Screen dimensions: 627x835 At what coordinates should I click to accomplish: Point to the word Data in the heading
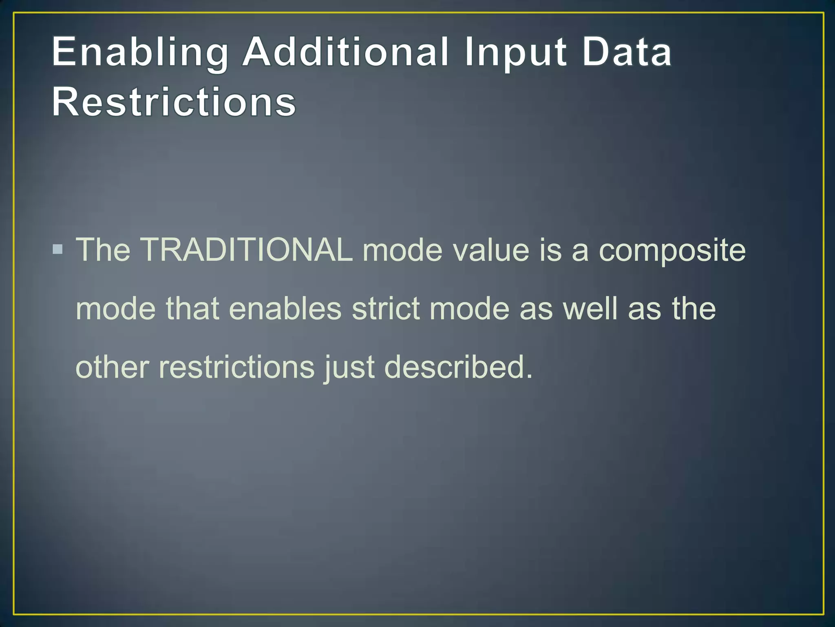tap(627, 52)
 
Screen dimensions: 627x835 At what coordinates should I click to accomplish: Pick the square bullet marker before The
tap(58, 249)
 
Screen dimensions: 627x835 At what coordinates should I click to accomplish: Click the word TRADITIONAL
tap(246, 250)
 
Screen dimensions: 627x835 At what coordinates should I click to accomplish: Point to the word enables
tap(285, 309)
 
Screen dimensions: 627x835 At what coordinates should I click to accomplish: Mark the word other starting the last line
tap(113, 367)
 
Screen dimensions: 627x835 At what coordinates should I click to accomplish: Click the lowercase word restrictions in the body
tap(237, 367)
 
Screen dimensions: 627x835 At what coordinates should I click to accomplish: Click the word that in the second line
tap(192, 309)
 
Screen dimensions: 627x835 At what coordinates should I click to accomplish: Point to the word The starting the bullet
tap(103, 250)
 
